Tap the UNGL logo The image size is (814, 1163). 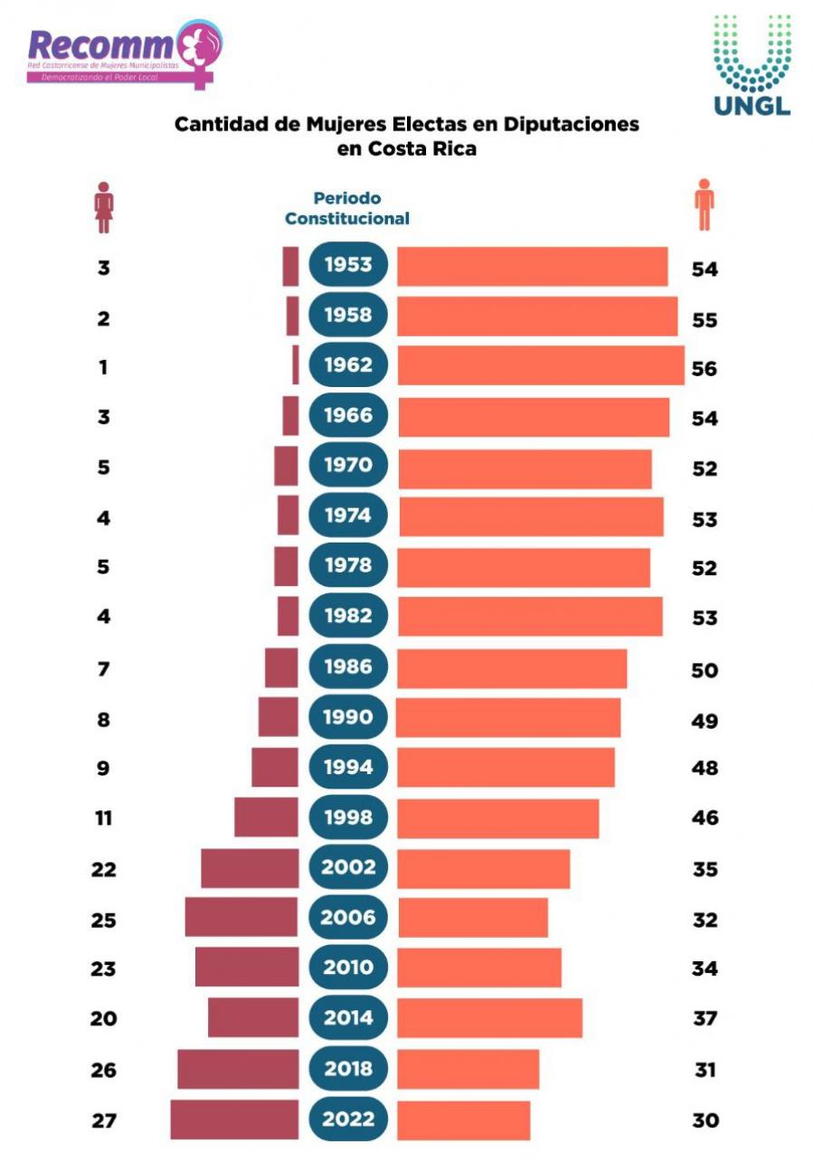(752, 65)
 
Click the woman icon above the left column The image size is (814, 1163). (105, 207)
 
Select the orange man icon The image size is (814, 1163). (704, 205)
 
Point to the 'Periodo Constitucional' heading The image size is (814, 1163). (347, 208)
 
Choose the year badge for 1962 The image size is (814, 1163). (348, 365)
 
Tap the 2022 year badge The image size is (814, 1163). (348, 1119)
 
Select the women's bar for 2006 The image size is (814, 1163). (241, 917)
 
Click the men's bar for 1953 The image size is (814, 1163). (532, 267)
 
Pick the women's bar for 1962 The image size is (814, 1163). (295, 365)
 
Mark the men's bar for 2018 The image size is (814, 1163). (469, 1069)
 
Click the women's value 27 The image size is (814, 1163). (104, 1120)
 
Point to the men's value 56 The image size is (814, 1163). (704, 369)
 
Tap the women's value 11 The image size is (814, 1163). (104, 818)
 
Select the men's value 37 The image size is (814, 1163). (705, 1019)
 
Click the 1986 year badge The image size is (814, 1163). (348, 667)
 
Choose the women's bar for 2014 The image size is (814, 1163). (253, 1017)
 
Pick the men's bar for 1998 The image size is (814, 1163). (498, 818)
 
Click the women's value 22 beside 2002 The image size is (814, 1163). (104, 870)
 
